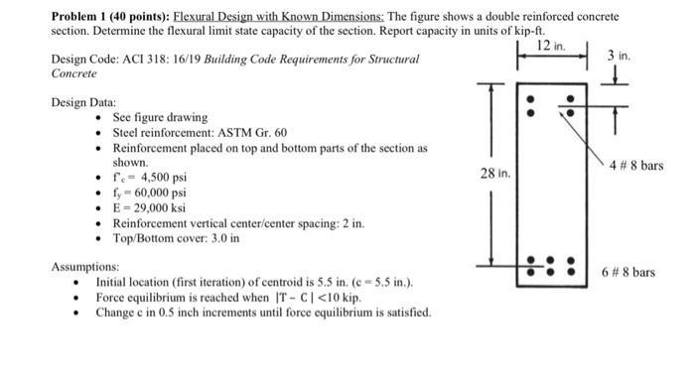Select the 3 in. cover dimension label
(618, 58)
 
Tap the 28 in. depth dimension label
(494, 174)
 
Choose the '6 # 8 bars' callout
(628, 271)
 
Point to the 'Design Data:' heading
(83, 102)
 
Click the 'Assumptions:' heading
(85, 267)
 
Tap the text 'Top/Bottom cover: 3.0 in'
(176, 238)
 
